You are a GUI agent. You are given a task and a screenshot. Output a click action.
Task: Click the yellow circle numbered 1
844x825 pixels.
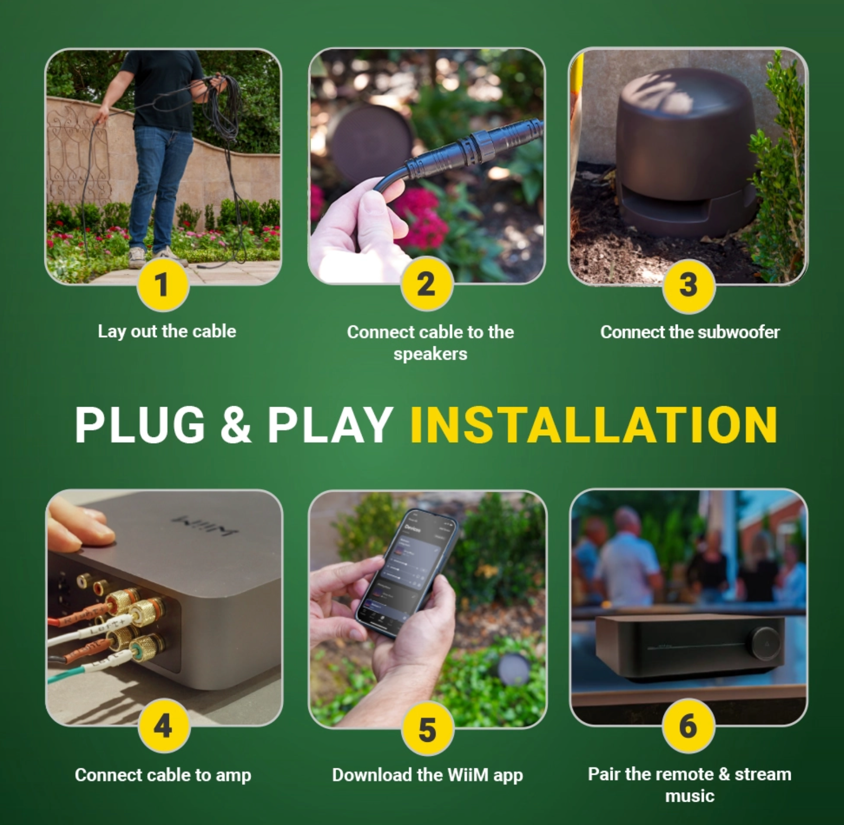[x=163, y=285]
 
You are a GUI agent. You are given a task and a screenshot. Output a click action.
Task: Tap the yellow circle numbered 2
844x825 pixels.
[x=426, y=285]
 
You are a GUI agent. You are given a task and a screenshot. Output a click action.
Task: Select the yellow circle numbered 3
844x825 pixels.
[x=688, y=285]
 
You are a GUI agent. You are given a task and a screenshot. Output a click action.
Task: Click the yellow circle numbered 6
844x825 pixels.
[x=688, y=725]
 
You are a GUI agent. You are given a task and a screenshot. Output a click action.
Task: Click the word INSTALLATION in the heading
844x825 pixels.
[x=594, y=425]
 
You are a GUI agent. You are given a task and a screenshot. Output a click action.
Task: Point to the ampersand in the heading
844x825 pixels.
[x=235, y=425]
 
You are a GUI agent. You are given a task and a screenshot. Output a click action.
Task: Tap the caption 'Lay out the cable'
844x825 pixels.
[x=167, y=331]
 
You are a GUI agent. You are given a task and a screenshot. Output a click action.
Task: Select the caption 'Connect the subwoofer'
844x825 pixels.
[x=689, y=332]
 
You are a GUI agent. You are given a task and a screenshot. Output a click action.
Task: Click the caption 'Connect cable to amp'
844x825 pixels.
[x=163, y=775]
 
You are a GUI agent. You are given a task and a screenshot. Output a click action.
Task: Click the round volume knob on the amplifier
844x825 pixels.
[x=767, y=642]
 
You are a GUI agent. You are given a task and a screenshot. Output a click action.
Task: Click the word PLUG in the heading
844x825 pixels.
[x=140, y=425]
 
